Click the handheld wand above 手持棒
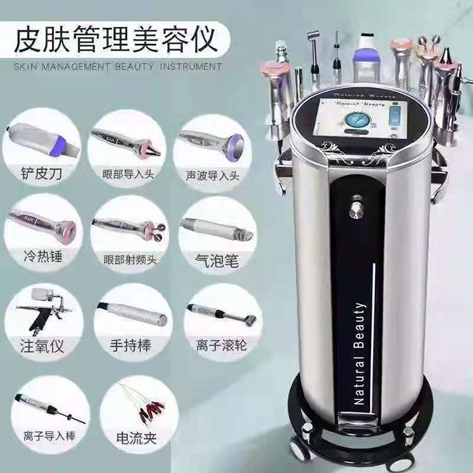point(132,312)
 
